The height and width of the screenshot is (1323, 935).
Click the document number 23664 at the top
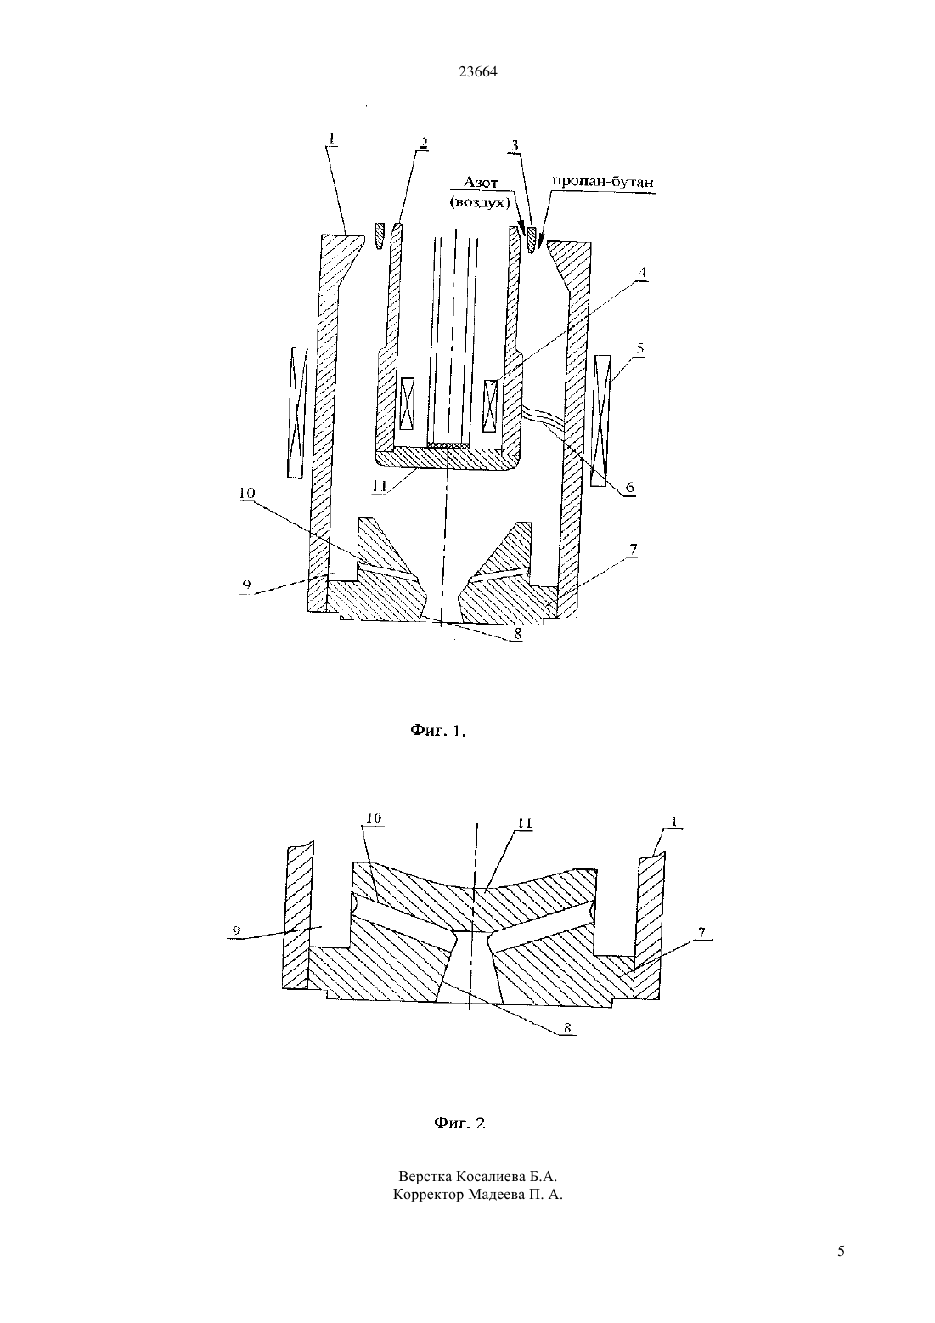(x=478, y=71)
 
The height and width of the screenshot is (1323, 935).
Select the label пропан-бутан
(x=603, y=181)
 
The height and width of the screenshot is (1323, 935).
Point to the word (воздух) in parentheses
(x=479, y=202)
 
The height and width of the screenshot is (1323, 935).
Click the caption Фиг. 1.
(x=438, y=731)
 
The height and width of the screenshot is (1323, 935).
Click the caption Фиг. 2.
(x=462, y=1122)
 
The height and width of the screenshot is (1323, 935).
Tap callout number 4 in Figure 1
(x=643, y=272)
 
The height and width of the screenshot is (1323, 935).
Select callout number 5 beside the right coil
(x=639, y=348)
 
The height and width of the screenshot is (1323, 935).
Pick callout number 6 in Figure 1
(x=630, y=487)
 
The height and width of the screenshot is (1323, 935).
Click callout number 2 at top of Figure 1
(x=423, y=143)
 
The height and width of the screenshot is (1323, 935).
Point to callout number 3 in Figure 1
(x=515, y=145)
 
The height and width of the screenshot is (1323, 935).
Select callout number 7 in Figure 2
(x=701, y=933)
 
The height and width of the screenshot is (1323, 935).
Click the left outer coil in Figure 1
(x=297, y=411)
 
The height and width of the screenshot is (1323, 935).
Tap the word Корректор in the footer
(x=429, y=1195)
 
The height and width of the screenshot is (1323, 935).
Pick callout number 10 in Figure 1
(x=247, y=493)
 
